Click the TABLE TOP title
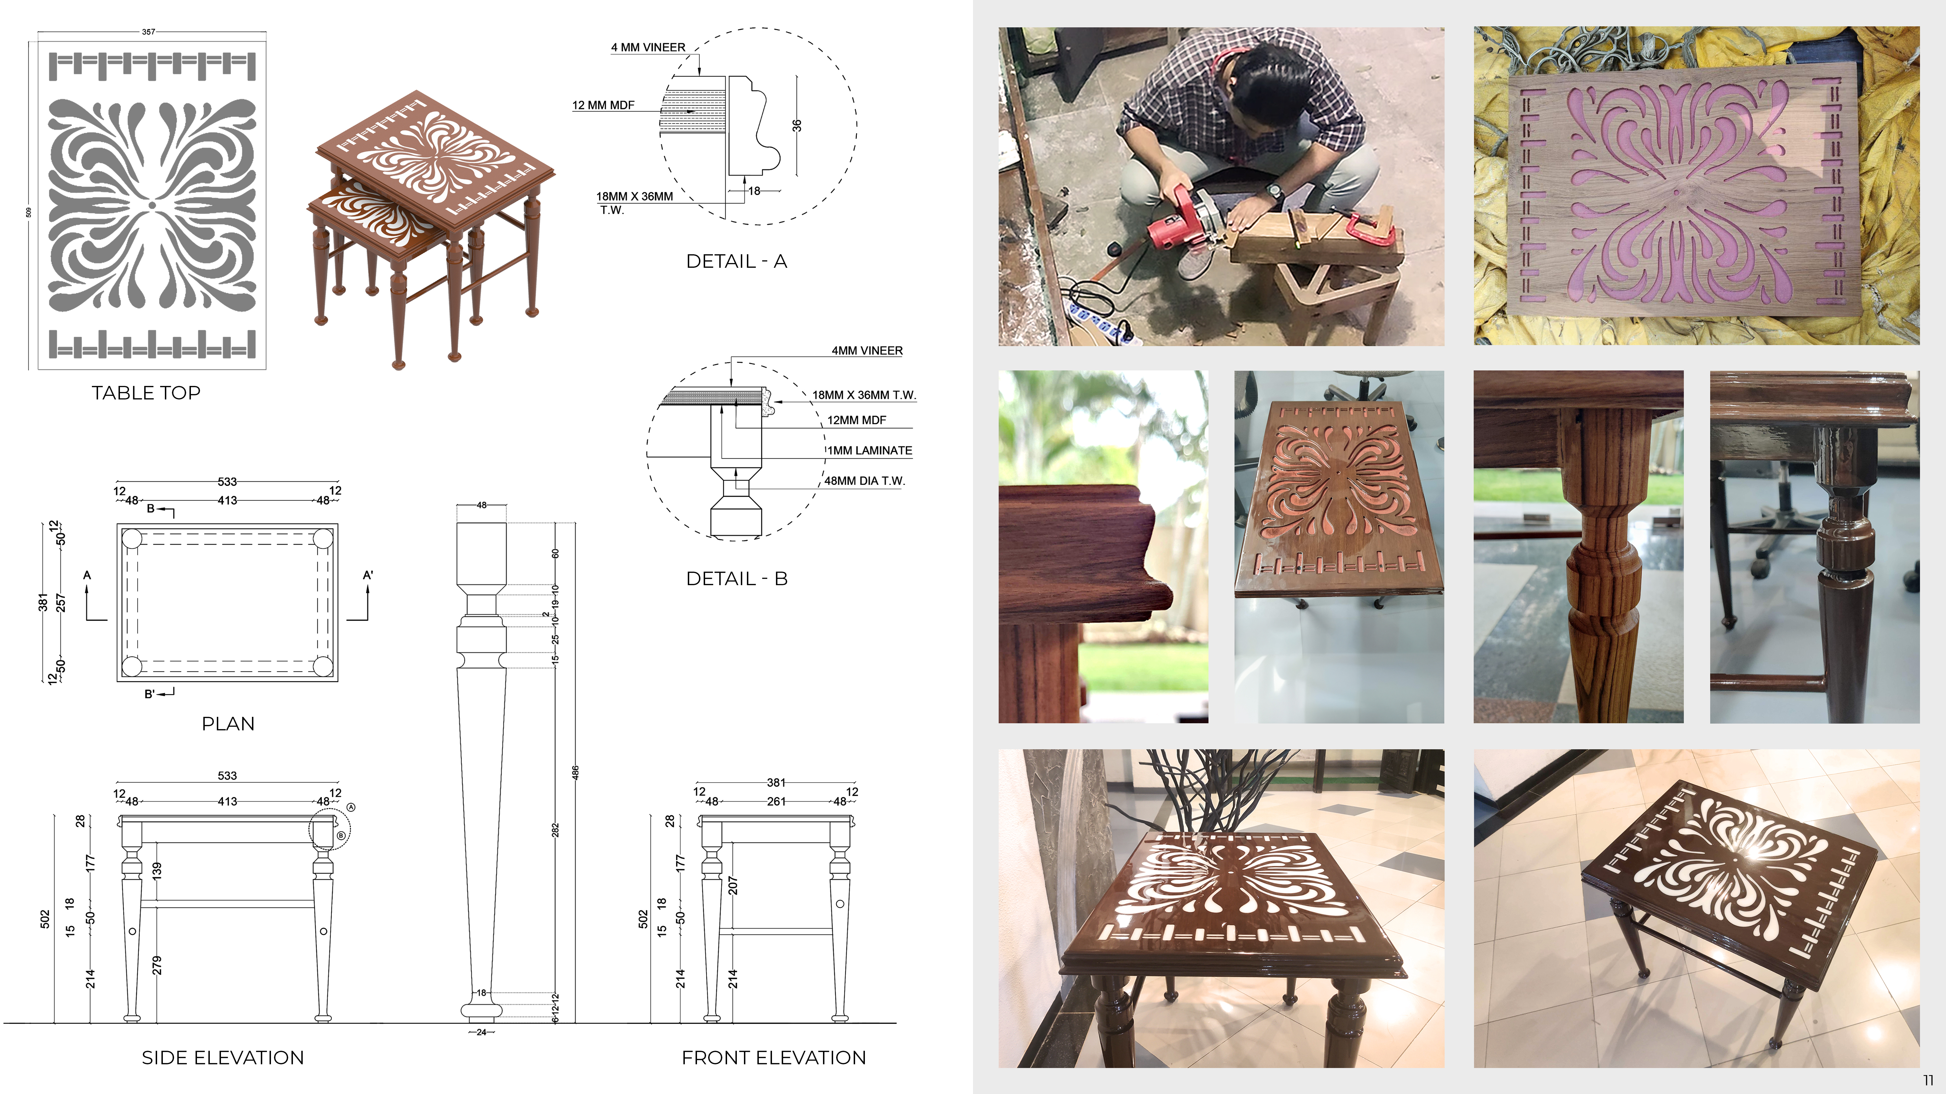(146, 393)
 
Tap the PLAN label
(227, 723)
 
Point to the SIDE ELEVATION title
(223, 1057)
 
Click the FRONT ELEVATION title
(774, 1057)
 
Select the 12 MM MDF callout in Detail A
(603, 105)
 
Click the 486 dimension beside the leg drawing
(575, 772)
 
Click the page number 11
(1928, 1080)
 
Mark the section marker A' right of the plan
(368, 575)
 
